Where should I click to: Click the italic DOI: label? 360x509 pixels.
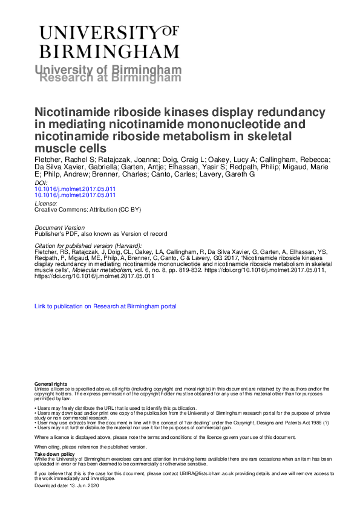point(41,182)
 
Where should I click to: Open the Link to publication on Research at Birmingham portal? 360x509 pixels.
point(105,306)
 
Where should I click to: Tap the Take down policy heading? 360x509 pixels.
point(54,453)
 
